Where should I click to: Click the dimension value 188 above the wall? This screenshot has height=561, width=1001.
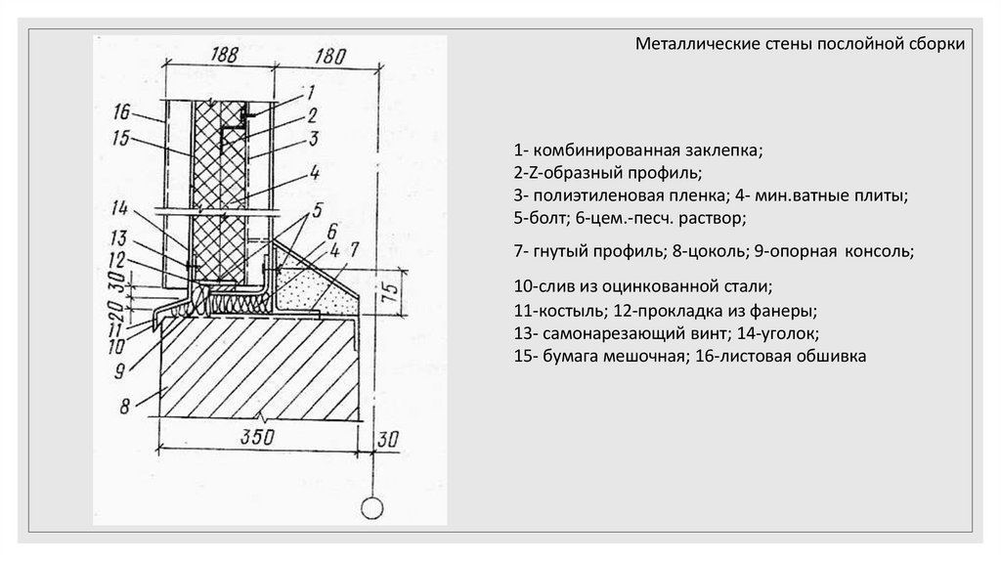click(x=225, y=54)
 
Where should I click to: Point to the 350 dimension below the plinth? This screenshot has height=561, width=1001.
click(x=256, y=435)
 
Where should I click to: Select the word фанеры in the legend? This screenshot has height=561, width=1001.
click(x=785, y=312)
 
